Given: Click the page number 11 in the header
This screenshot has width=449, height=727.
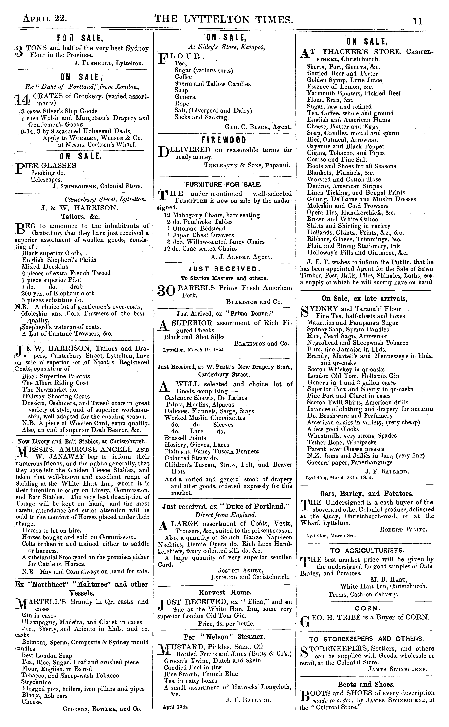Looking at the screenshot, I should coord(418,21).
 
